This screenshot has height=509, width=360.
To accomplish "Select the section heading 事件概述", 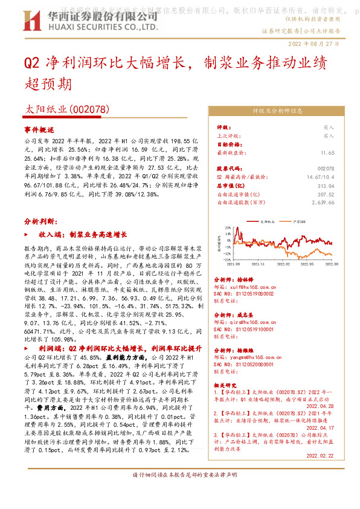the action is pos(39,130).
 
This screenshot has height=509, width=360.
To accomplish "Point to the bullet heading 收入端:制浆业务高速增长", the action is pos(83,233).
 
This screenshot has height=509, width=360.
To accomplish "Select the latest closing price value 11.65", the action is pos(327,154).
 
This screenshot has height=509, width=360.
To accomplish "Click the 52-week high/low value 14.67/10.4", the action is pos(320,177).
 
